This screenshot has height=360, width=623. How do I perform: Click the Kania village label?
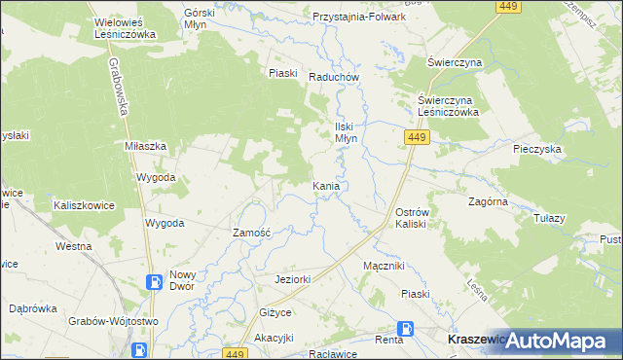pos(326,185)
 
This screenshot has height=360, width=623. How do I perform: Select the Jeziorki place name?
pos(292,279)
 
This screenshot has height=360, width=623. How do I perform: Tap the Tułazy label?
pos(549,218)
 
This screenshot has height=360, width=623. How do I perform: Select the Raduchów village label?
pos(334,78)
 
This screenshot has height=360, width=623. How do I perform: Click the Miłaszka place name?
pos(147,145)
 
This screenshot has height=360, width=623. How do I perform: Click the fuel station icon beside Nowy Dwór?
pos(154,282)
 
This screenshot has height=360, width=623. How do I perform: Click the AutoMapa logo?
pos(558,341)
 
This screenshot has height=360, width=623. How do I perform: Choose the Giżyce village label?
pos(275,312)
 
